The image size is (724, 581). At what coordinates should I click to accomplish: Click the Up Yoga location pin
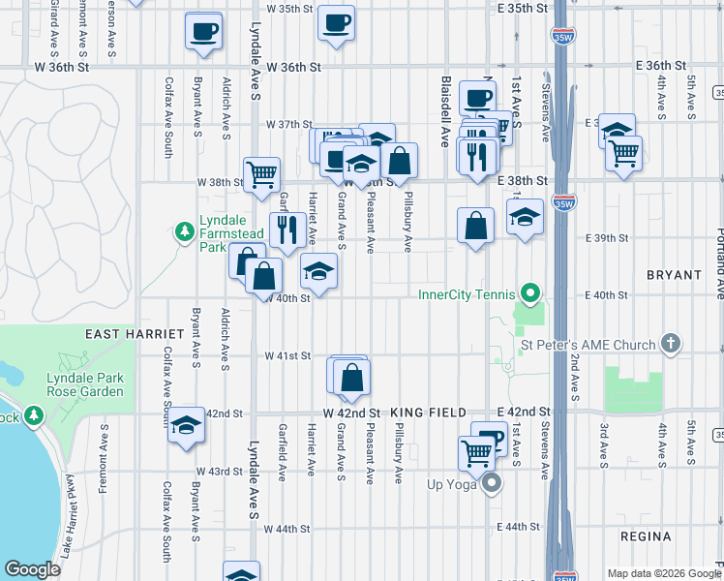(x=491, y=482)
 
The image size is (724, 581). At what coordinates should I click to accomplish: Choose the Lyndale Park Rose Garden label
(x=85, y=384)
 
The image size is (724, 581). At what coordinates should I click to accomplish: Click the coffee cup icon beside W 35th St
(x=336, y=22)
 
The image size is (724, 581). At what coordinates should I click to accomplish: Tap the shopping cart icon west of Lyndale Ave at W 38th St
(x=261, y=174)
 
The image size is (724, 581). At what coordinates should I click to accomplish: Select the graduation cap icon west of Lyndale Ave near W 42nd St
(x=185, y=426)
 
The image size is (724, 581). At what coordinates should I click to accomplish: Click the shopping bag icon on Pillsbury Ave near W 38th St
(x=399, y=161)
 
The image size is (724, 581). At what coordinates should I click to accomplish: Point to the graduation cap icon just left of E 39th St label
(x=525, y=217)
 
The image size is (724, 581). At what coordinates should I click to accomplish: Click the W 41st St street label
(x=288, y=355)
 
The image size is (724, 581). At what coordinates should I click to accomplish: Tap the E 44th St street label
(x=517, y=527)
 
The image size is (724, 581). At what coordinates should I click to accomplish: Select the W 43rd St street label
(x=218, y=471)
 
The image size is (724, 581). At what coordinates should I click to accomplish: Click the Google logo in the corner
(x=32, y=569)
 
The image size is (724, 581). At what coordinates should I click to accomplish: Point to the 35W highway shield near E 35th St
(x=562, y=38)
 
